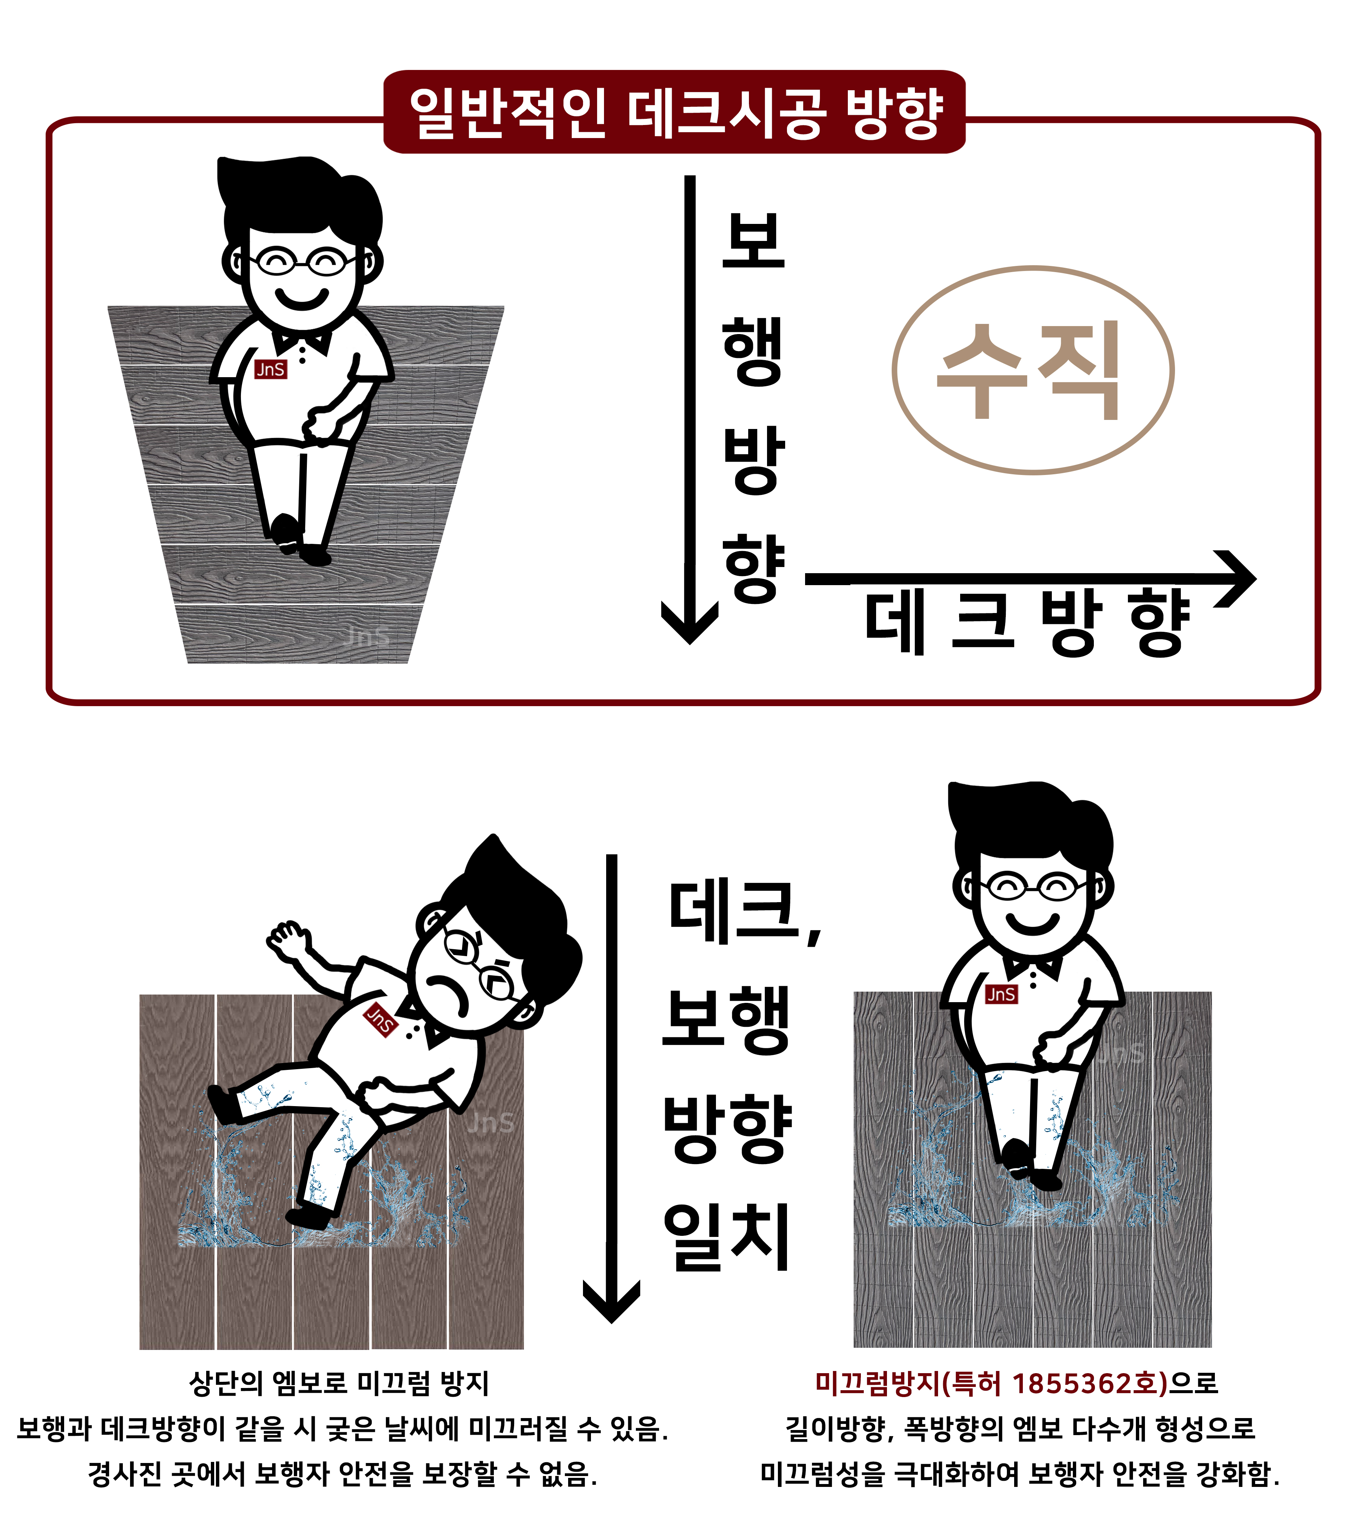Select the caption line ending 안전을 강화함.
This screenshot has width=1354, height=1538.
click(1020, 1473)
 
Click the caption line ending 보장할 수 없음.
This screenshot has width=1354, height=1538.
click(342, 1473)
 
